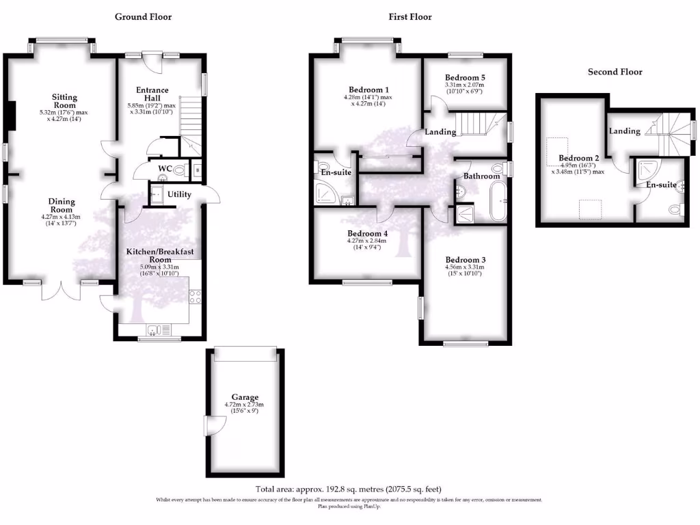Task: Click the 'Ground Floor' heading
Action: point(143,16)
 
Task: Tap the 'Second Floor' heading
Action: point(615,72)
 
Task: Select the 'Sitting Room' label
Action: point(65,101)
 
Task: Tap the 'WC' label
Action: point(164,168)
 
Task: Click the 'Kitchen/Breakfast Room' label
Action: point(159,256)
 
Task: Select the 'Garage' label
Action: point(245,397)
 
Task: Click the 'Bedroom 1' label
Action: point(368,90)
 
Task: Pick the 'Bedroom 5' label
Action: point(465,78)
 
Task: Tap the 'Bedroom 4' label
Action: point(368,233)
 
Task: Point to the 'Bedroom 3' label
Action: point(465,260)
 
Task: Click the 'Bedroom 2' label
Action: point(579,158)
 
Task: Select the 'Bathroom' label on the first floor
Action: point(482,176)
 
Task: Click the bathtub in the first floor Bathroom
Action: point(500,200)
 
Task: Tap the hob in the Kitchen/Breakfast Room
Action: point(195,297)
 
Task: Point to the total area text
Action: point(349,489)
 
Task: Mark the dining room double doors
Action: point(61,291)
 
